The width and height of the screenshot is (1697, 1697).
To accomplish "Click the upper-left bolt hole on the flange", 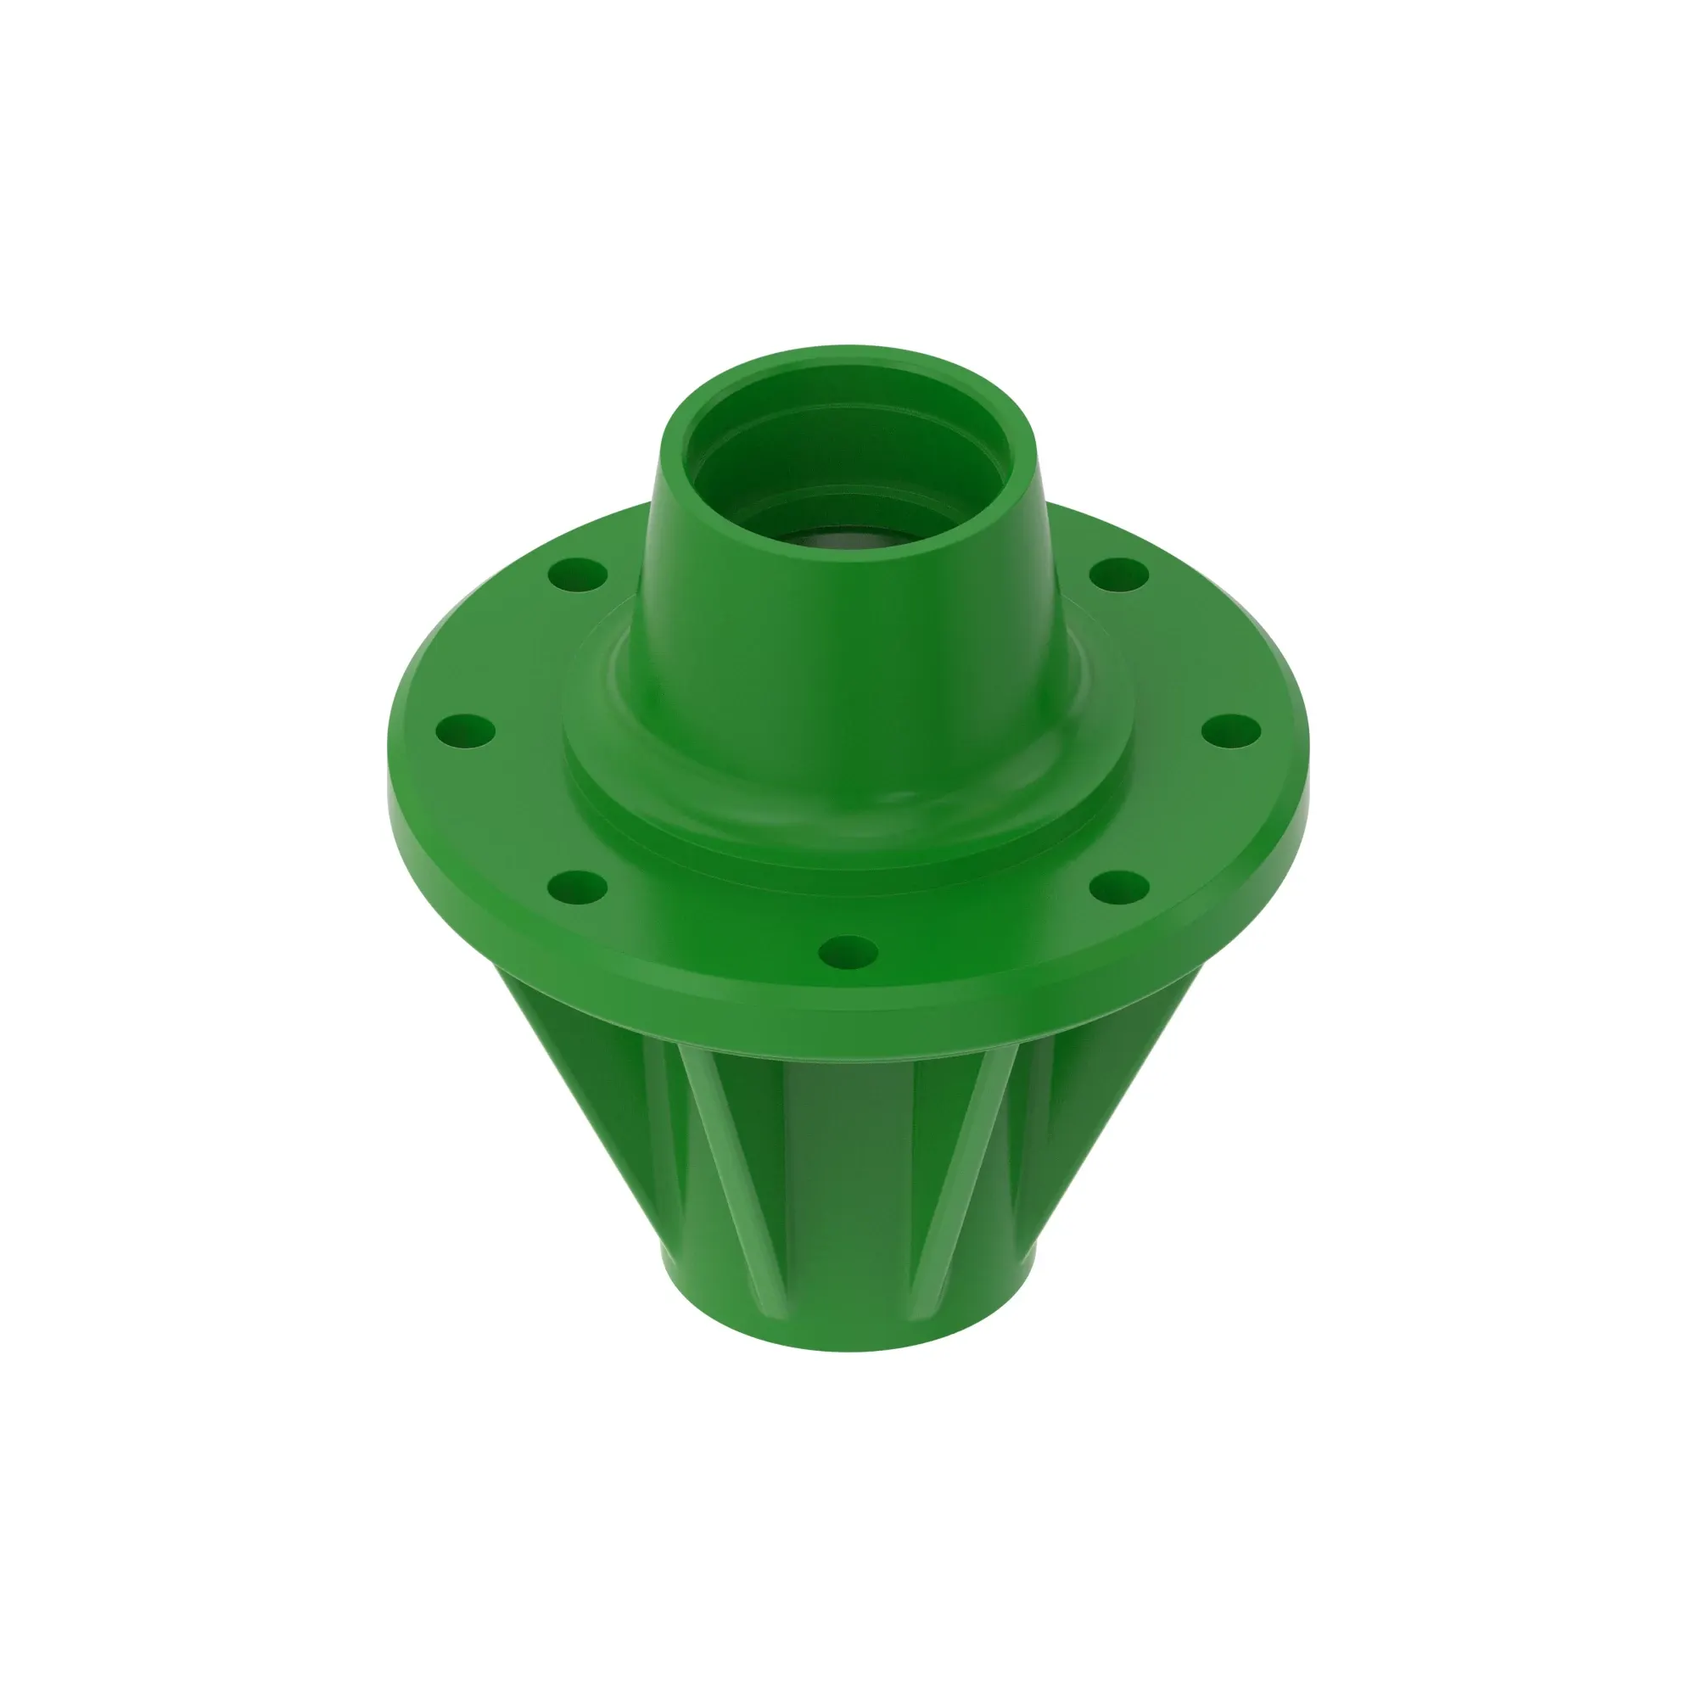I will (x=577, y=576).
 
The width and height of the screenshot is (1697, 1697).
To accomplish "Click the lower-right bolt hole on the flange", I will (x=1120, y=888).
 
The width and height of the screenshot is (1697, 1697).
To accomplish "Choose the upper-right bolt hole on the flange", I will (x=1119, y=575).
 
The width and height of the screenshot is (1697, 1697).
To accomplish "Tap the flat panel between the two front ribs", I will (x=848, y=1168).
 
